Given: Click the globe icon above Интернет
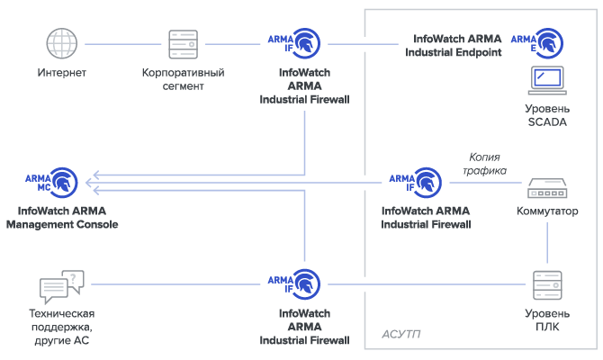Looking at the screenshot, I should click(x=61, y=43).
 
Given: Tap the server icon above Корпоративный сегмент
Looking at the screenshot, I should click(x=183, y=43).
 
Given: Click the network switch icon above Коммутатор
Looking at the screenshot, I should click(x=546, y=189).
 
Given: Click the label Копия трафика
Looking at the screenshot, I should click(x=484, y=164).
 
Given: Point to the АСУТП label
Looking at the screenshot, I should click(x=401, y=334).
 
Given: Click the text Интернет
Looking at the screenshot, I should click(x=61, y=73).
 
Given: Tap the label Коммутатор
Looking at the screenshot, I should click(x=546, y=212).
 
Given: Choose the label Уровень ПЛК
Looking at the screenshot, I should click(x=546, y=320).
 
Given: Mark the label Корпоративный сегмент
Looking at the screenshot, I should click(x=183, y=79).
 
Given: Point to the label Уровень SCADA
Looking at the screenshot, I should click(x=546, y=115).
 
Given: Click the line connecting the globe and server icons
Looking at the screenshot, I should click(x=121, y=43).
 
